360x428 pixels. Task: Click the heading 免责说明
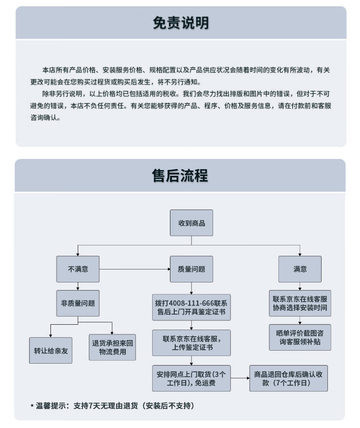(180, 23)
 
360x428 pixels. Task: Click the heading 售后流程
(180, 176)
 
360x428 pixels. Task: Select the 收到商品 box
(192, 223)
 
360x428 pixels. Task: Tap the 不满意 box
(78, 269)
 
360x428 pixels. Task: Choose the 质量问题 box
(192, 269)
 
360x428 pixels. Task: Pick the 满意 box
(300, 269)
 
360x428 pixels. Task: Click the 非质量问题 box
(78, 303)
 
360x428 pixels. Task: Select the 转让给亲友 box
(51, 350)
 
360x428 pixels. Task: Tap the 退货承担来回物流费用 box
(112, 347)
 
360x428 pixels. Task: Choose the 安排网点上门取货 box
(192, 378)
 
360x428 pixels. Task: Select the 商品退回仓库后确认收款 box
(289, 378)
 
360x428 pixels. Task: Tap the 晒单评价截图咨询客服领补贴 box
(300, 337)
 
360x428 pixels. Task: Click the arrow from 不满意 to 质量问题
(134, 269)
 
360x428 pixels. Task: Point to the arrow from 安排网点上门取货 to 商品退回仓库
(240, 378)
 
